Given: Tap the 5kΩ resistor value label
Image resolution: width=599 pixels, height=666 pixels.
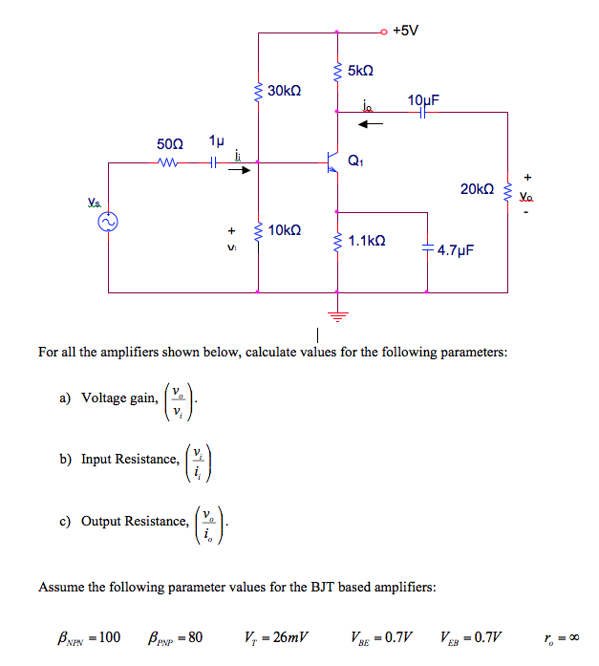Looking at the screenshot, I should click(360, 71).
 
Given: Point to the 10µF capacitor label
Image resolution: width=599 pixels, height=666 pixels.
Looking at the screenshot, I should click(422, 99).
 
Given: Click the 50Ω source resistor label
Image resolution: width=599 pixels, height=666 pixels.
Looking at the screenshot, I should click(169, 143).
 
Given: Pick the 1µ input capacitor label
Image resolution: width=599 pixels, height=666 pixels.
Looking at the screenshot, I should click(216, 140).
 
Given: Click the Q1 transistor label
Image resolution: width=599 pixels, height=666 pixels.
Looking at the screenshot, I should click(355, 161).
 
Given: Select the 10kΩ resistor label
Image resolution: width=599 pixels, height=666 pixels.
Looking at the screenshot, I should click(285, 230).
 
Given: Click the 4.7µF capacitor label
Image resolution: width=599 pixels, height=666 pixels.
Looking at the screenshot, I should click(456, 250).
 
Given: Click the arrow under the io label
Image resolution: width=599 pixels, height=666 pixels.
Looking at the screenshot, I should click(371, 122).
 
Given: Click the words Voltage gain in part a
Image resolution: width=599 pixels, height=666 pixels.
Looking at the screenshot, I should click(118, 398).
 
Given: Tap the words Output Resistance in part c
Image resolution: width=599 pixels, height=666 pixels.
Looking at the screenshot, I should click(135, 522).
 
